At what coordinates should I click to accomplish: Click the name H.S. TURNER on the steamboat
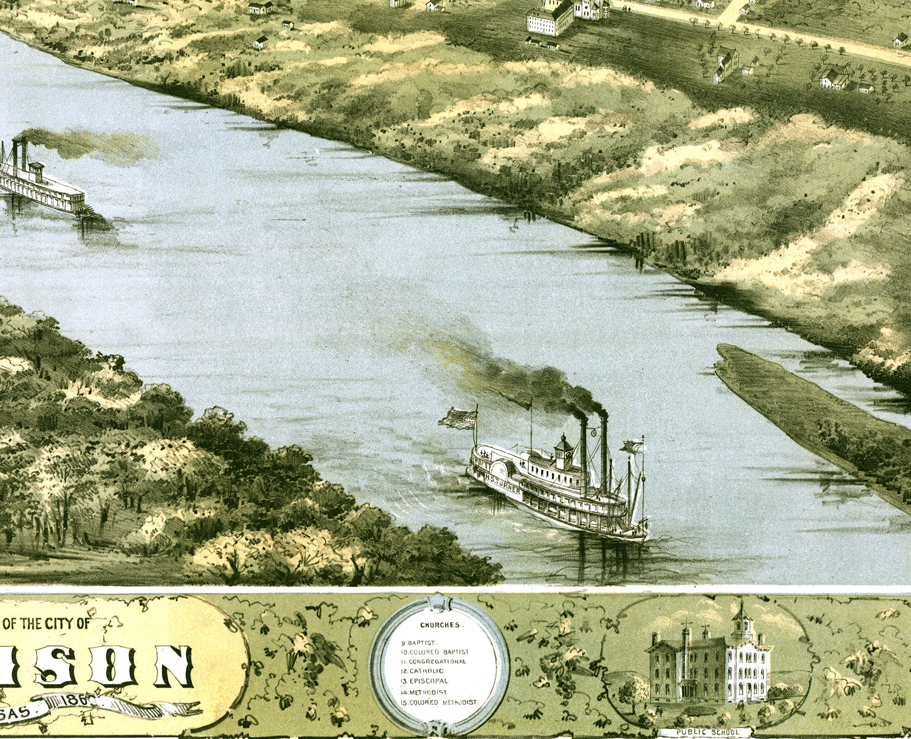(502, 484)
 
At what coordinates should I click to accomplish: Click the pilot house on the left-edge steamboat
(36, 170)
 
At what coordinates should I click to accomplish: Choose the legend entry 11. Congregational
(433, 661)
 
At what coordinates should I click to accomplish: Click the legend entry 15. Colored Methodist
(439, 702)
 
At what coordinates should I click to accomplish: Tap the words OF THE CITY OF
(47, 624)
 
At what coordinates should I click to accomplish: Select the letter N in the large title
(173, 666)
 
